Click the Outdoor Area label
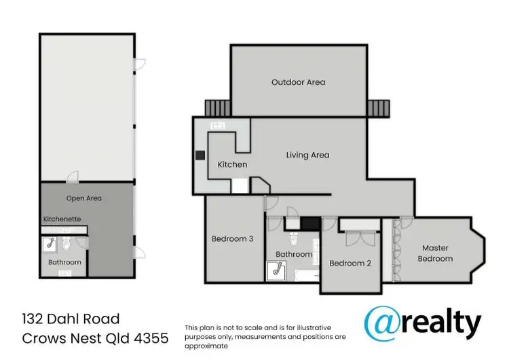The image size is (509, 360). pos(298,82)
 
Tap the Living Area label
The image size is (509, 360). pos(307,155)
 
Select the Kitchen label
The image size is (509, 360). pos(232,164)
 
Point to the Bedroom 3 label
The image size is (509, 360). pos(233,238)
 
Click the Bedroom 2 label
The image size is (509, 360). pos(350,263)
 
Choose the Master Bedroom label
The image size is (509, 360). pos(435,253)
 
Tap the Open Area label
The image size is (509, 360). pos(83,198)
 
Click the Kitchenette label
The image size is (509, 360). pos(62,219)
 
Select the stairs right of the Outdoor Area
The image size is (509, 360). pos(377,107)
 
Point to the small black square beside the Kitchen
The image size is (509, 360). pos(200,155)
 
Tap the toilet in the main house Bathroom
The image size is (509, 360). pos(294,238)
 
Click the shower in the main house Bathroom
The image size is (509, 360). pos(277,270)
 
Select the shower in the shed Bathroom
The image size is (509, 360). pos(50,242)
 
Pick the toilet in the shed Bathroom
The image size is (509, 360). pos(67,242)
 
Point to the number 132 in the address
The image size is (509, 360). pos(33,319)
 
